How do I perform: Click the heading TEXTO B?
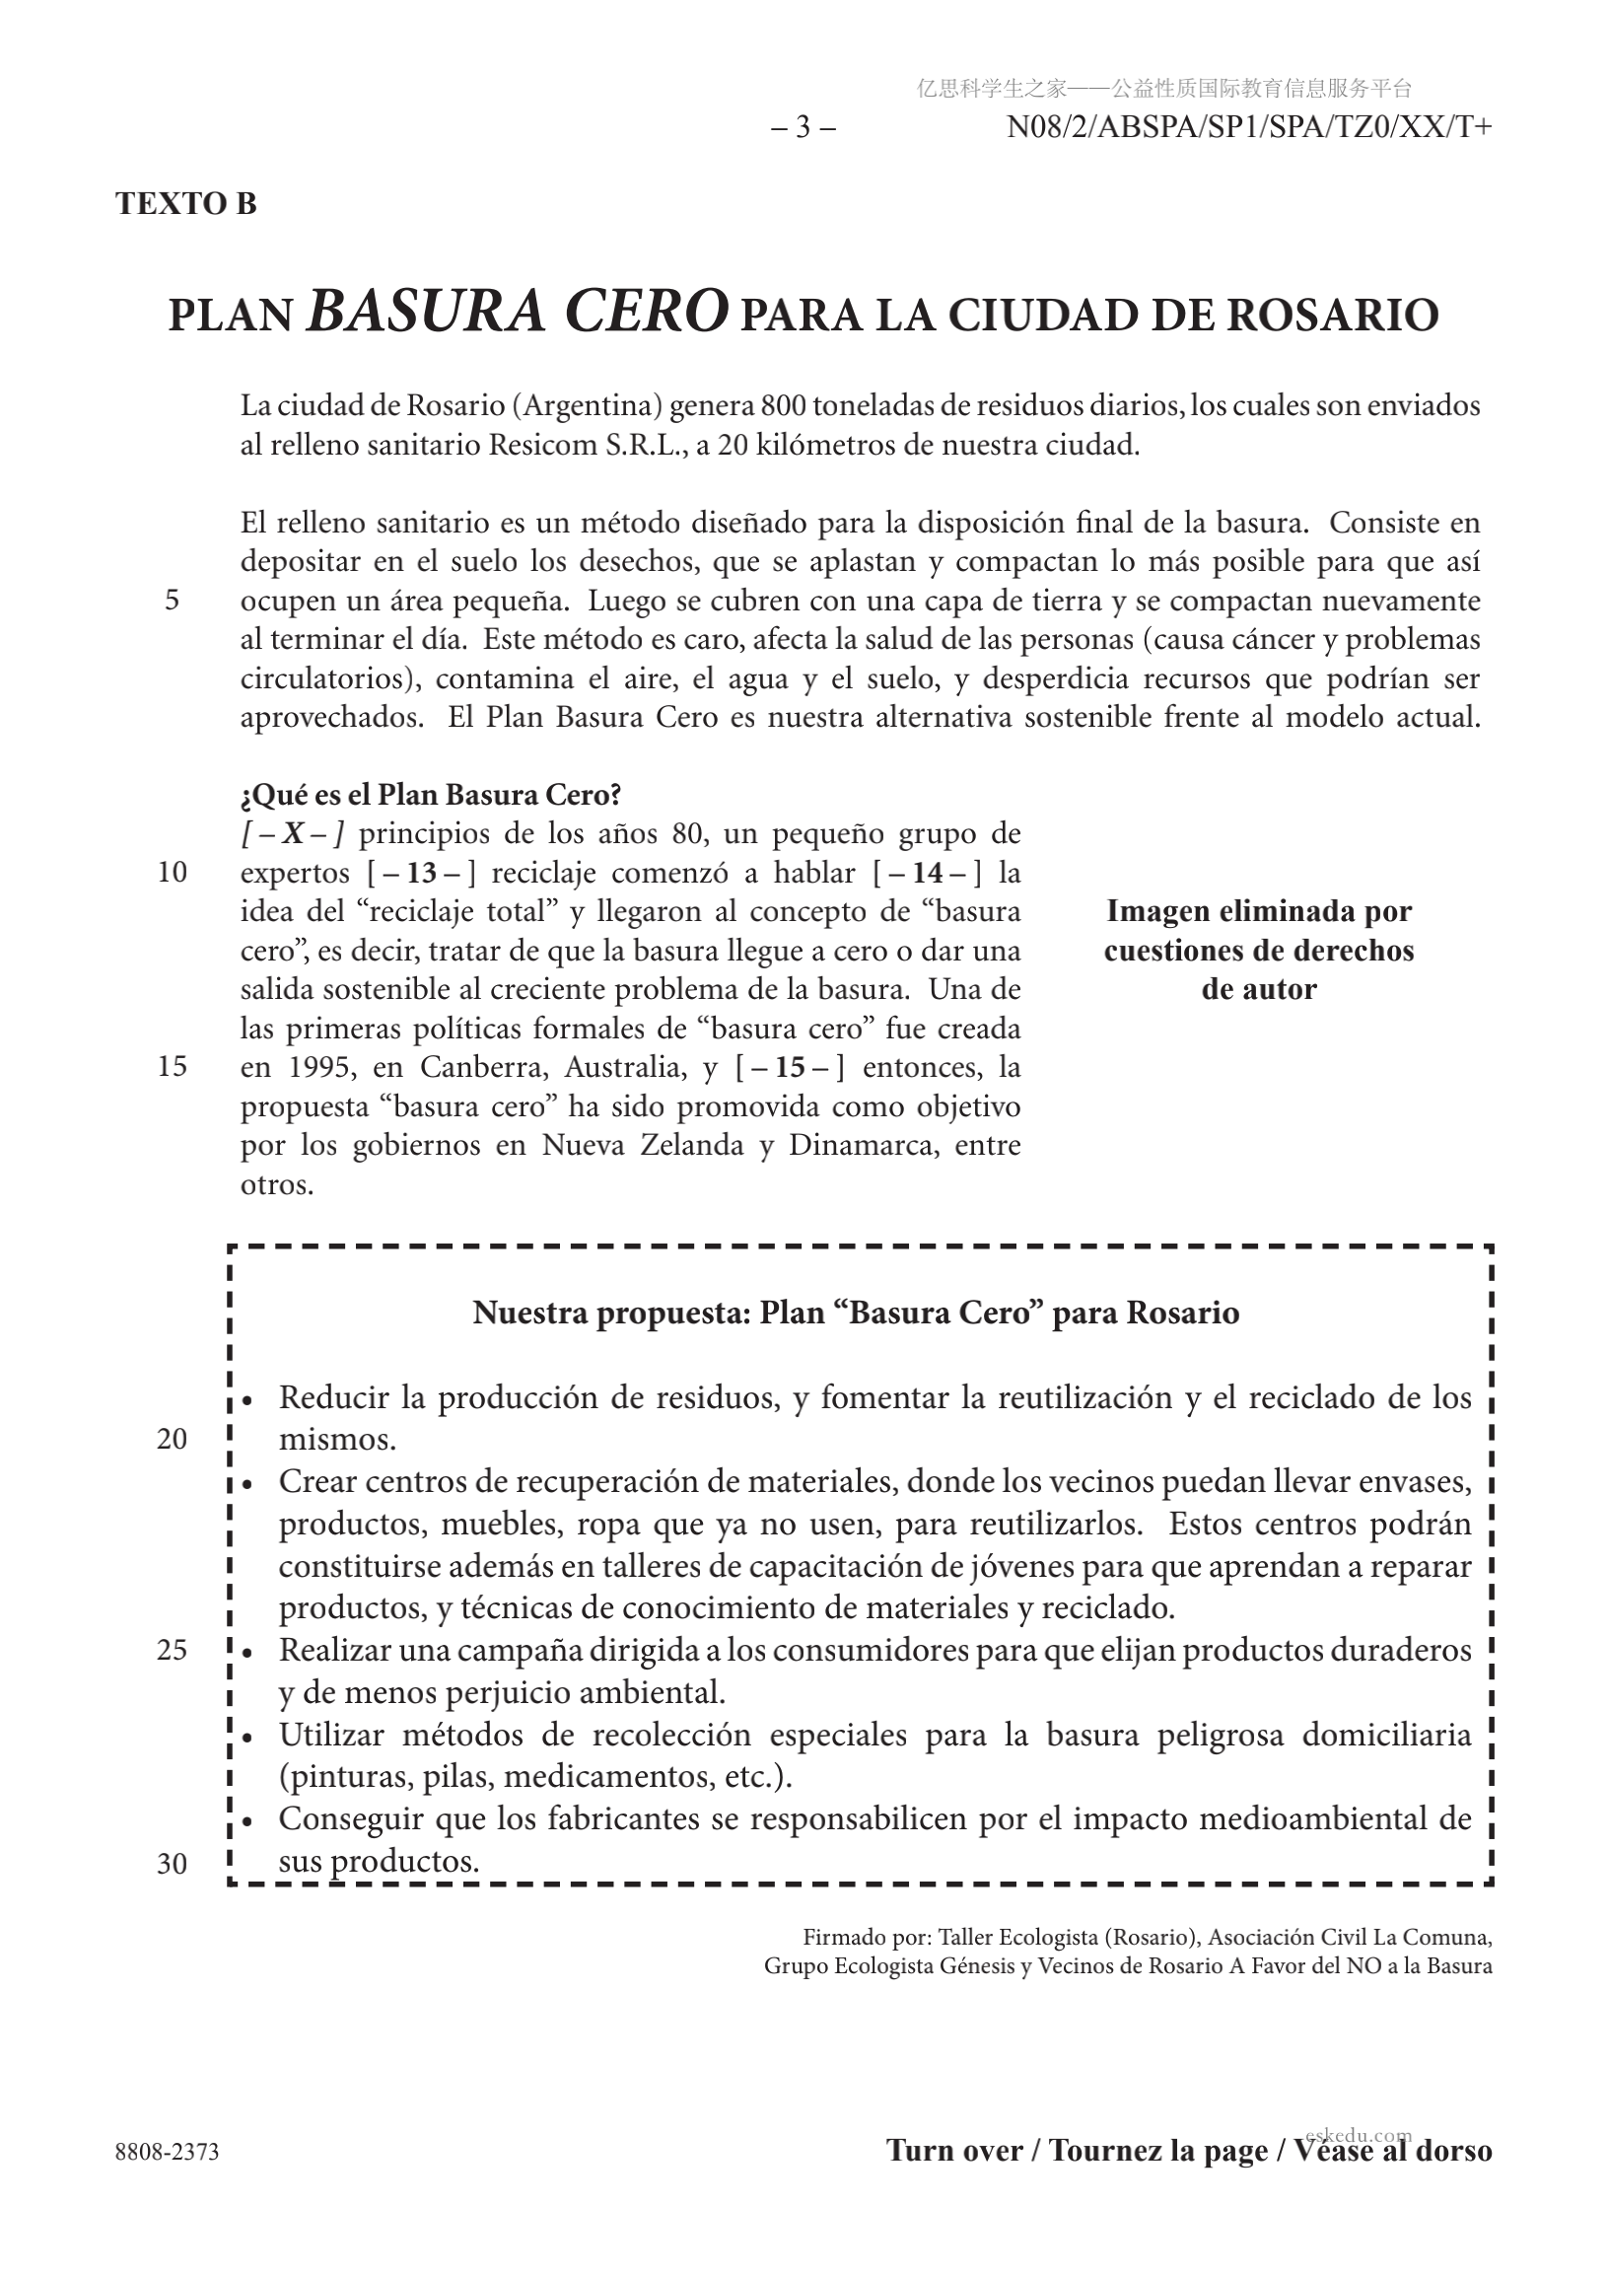[x=186, y=203]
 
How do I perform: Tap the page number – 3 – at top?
[x=803, y=128]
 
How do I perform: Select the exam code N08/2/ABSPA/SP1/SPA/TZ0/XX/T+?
[x=1248, y=128]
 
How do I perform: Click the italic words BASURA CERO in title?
[x=518, y=312]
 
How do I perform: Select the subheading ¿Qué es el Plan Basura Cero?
[x=431, y=795]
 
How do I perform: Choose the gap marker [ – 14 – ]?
[x=928, y=873]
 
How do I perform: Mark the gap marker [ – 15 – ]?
[x=790, y=1067]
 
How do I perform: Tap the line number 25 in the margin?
[x=173, y=1651]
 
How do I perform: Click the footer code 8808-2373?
[x=168, y=2152]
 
